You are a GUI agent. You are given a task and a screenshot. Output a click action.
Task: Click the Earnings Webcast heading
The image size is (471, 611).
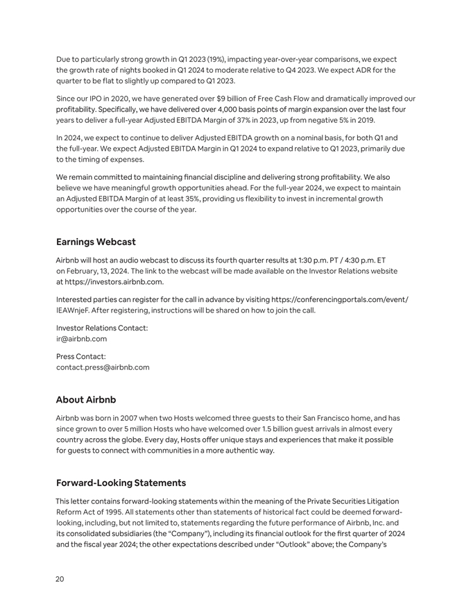(x=96, y=242)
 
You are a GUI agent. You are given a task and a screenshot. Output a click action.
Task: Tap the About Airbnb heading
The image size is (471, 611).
(x=85, y=400)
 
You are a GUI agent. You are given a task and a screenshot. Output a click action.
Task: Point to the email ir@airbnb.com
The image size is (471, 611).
(x=81, y=339)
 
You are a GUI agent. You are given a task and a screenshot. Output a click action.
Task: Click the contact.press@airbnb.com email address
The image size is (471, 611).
(x=102, y=367)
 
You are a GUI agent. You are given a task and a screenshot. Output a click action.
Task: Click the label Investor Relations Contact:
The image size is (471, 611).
(x=101, y=328)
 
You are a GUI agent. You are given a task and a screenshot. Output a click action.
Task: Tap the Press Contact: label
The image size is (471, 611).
(x=80, y=356)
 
